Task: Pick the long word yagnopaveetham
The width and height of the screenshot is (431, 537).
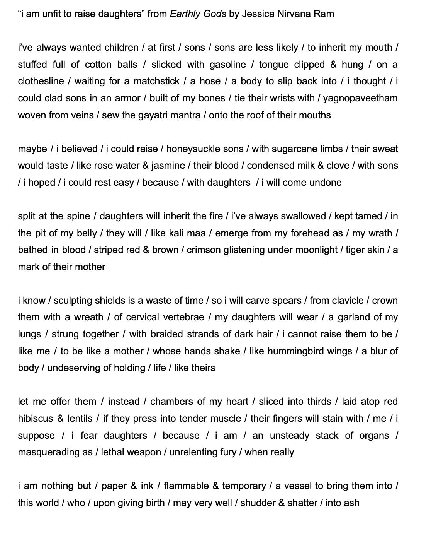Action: pyautogui.click(x=360, y=98)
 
